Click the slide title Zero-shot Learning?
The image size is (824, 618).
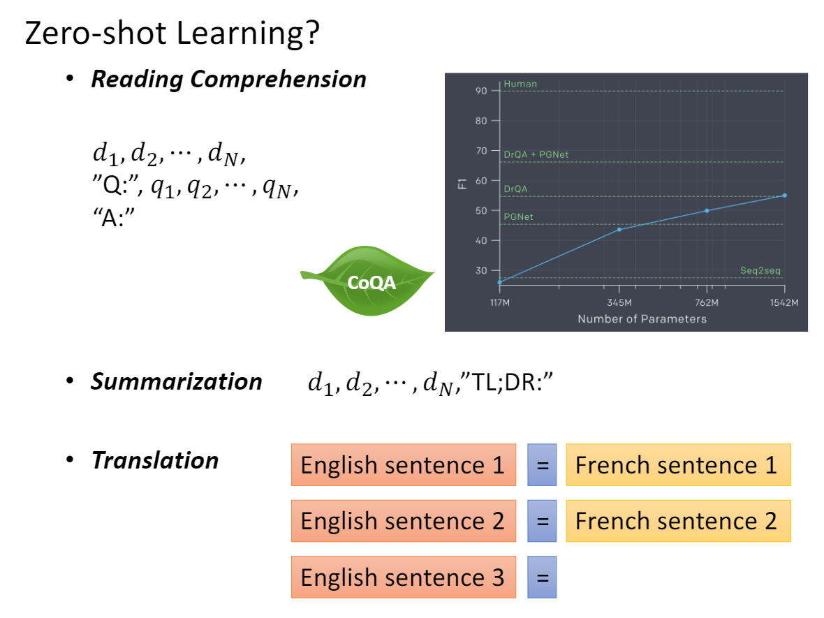[x=172, y=34]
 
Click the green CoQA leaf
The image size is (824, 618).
[x=367, y=281]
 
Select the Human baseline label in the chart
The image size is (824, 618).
[x=520, y=84]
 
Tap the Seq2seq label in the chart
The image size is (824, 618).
[x=755, y=270]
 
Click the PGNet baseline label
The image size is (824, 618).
[x=518, y=217]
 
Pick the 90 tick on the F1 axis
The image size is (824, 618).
[x=482, y=91]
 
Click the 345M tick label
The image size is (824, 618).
[x=619, y=302]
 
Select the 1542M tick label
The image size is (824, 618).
[x=783, y=302]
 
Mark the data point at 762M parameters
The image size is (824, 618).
[x=707, y=210]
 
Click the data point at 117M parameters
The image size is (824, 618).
[x=500, y=282]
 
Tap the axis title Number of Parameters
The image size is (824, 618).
[x=642, y=319]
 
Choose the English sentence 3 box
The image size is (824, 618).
[x=403, y=577]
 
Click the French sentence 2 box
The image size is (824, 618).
[x=677, y=521]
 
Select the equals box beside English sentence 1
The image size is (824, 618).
[x=542, y=465]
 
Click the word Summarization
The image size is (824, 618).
[x=177, y=382]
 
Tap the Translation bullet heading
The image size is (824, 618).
[x=155, y=461]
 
